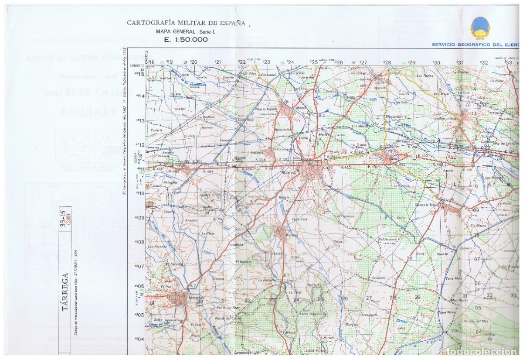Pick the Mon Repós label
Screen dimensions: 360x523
click(x=459, y=300)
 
